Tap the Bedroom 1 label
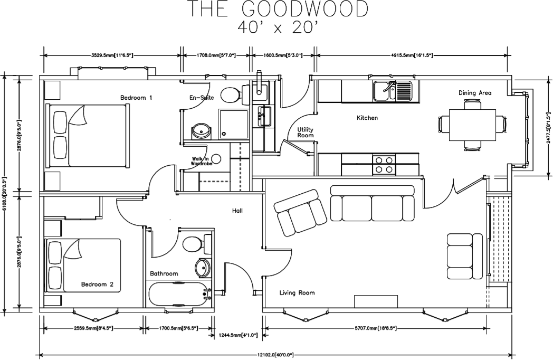[136, 97]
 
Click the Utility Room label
[306, 132]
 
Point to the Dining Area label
[475, 93]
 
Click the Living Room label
[297, 292]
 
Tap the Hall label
[237, 211]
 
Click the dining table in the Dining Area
[472, 125]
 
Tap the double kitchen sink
[392, 90]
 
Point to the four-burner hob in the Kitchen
[384, 165]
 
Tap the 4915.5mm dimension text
[413, 55]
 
